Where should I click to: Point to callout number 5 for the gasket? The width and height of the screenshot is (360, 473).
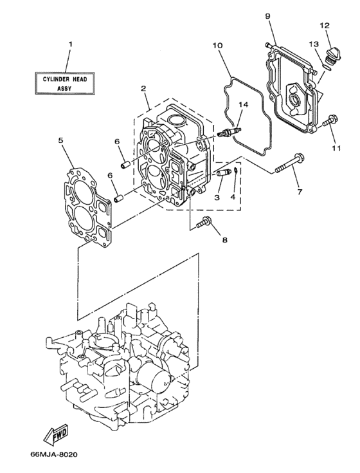coord(60,139)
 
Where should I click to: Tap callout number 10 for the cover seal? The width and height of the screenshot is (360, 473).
coord(217,46)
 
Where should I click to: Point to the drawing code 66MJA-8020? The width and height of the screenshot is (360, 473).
coord(53,455)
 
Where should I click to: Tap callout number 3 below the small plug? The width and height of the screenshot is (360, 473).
coord(217,197)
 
